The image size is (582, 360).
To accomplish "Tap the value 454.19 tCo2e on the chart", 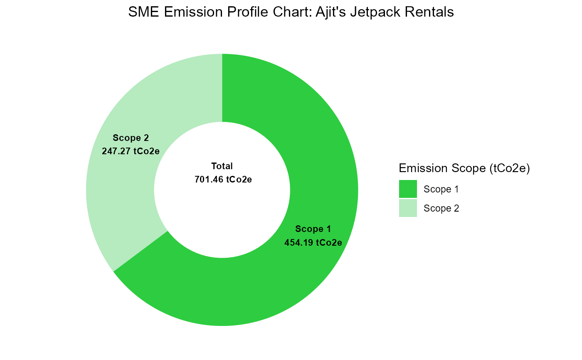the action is tap(313, 243).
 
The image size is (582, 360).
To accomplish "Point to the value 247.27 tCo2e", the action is tap(131, 151).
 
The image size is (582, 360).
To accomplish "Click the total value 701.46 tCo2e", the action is tap(223, 180).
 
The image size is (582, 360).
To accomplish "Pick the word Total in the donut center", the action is tap(222, 166).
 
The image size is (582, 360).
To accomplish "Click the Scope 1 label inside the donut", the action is tap(313, 229).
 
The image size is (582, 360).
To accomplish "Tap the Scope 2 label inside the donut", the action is tap(131, 138).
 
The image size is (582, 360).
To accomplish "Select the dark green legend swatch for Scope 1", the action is tap(408, 189).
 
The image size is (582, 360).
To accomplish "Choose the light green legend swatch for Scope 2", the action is tap(408, 208).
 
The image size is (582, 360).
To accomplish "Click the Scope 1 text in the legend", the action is tap(441, 189).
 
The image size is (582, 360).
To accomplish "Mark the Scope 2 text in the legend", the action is tap(441, 208).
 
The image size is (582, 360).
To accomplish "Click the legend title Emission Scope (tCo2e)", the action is tap(464, 168).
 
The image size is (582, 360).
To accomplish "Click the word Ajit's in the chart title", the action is tap(331, 12).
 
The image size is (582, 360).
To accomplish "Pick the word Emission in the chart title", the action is tap(193, 12).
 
